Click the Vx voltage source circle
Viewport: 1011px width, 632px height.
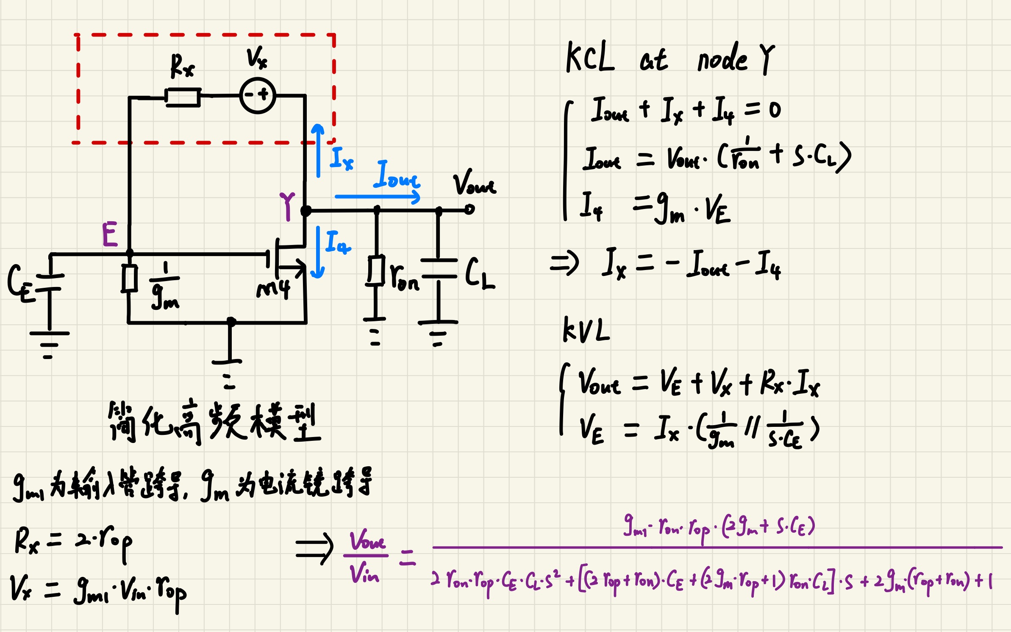(x=258, y=95)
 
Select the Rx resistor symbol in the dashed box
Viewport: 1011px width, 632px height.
(x=183, y=97)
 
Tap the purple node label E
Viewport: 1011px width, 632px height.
(x=110, y=234)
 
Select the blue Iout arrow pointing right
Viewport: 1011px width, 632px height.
(x=377, y=197)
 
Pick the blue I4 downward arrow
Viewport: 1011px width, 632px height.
(x=318, y=253)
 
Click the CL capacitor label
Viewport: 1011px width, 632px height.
(x=479, y=273)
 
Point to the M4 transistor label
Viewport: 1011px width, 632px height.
(x=273, y=290)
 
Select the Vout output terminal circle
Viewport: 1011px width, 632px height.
(x=469, y=209)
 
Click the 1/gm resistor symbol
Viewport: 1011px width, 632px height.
(x=129, y=278)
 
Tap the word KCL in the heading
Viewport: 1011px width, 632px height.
(x=590, y=57)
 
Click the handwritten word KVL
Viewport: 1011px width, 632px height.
(x=586, y=330)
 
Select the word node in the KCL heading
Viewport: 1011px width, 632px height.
(x=722, y=59)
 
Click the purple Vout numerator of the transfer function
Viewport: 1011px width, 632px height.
(x=367, y=540)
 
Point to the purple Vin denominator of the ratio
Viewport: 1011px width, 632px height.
(x=364, y=573)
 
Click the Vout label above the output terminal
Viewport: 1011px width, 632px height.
(x=474, y=183)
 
